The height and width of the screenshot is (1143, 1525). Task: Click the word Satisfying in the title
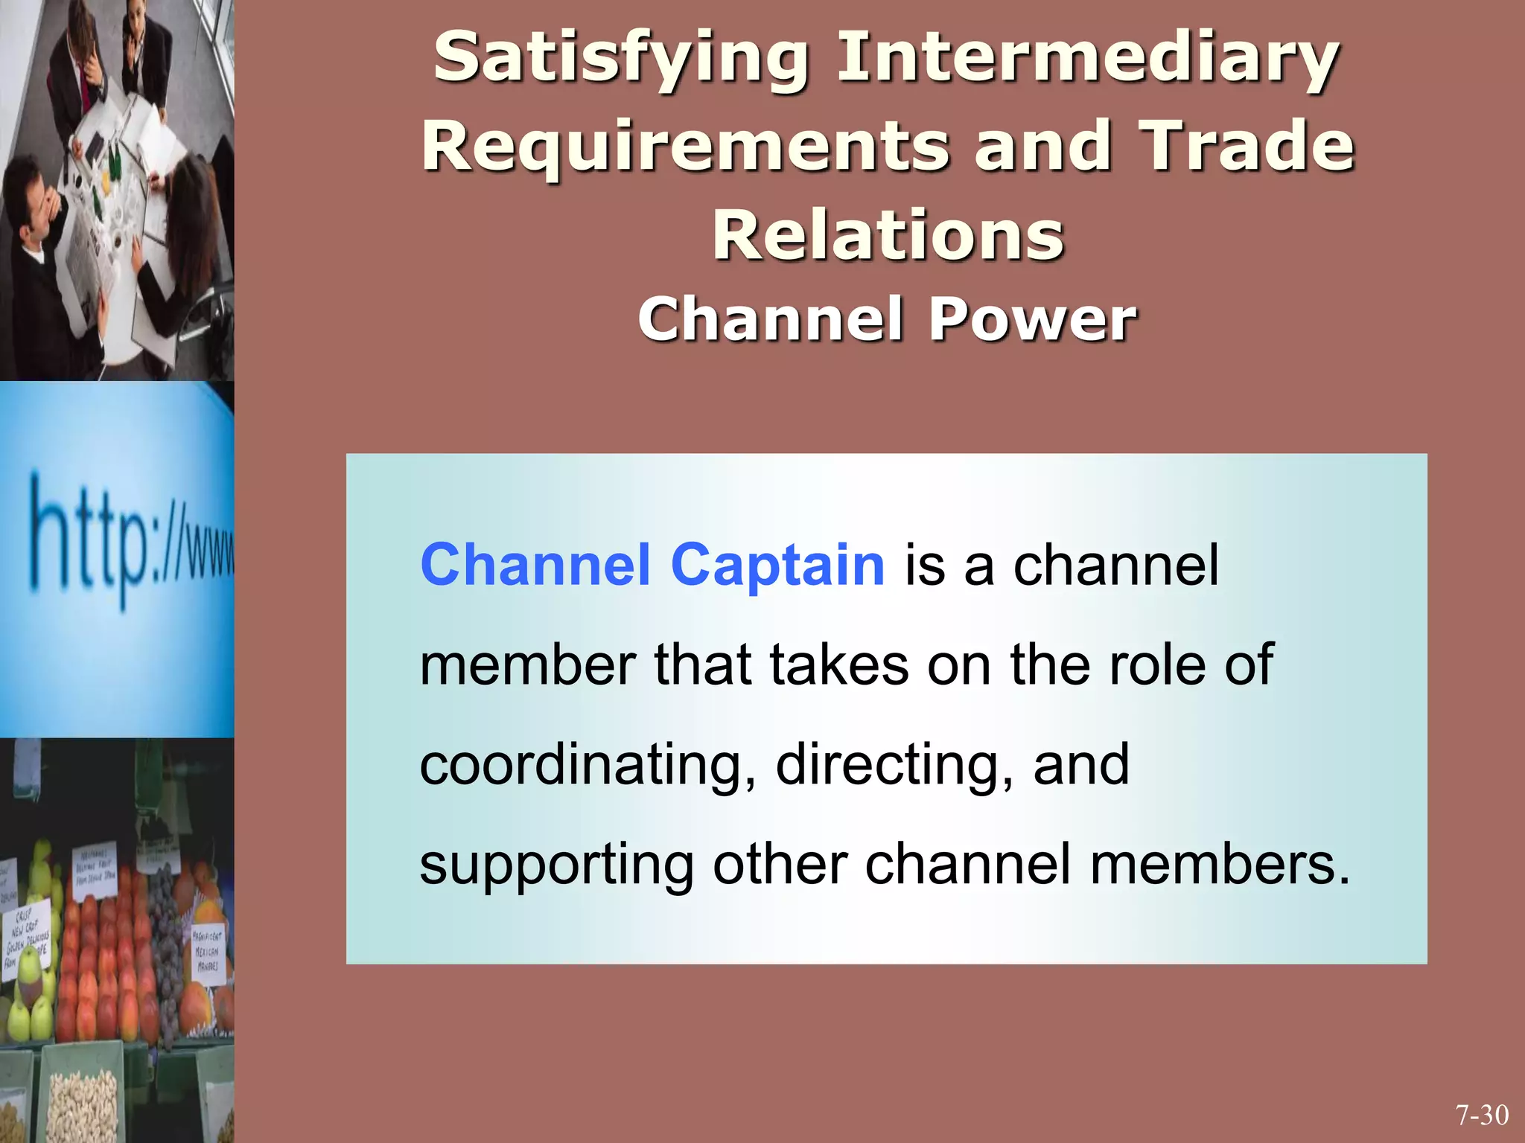[x=621, y=60]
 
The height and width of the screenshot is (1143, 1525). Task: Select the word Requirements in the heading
[x=685, y=147]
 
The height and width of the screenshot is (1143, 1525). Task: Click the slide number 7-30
[x=1482, y=1115]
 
